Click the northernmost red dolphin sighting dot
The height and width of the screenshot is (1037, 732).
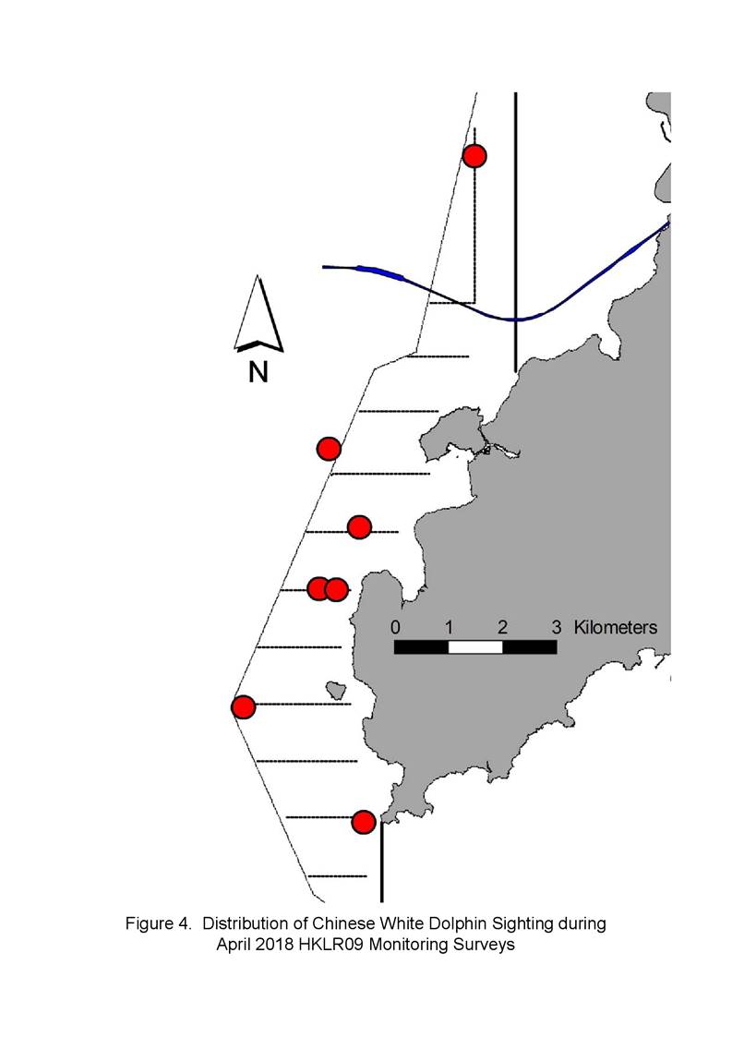coord(474,156)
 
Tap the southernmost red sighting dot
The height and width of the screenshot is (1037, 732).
coord(364,822)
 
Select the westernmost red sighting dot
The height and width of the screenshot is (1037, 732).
coord(244,707)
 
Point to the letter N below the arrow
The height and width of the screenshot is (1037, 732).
coord(258,372)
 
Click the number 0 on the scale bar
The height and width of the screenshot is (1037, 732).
coord(395,626)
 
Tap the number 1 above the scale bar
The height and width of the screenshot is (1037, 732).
coord(449,626)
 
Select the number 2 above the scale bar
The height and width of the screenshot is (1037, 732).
coord(502,626)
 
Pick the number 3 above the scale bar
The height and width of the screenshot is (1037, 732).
coord(557,626)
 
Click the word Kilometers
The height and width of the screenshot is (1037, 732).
coord(616,626)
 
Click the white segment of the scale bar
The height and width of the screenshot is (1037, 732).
coord(475,646)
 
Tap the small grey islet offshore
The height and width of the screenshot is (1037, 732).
coord(337,691)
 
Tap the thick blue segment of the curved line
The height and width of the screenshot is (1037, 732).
coord(380,271)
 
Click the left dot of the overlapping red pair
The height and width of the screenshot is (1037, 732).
coord(318,588)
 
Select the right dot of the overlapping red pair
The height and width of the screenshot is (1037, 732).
coord(336,589)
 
